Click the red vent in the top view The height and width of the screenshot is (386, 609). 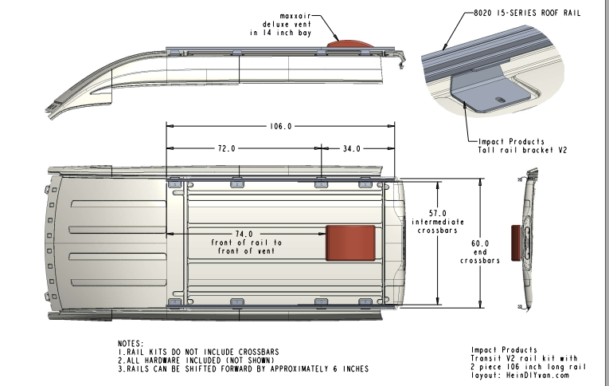click(350, 242)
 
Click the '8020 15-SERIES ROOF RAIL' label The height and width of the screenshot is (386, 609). click(519, 14)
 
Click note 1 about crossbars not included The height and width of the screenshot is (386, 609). click(199, 352)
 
